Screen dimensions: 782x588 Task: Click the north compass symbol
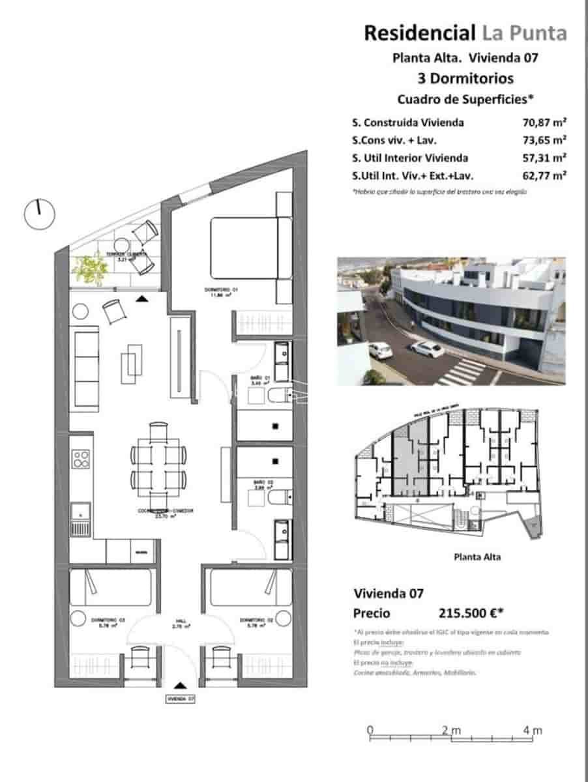39,213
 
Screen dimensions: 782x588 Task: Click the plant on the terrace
90,268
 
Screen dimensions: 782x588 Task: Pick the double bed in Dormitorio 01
251,248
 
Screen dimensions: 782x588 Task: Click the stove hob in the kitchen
81,459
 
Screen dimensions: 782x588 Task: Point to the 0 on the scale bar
370,731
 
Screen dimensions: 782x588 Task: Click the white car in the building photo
427,349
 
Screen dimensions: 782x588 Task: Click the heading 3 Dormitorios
465,79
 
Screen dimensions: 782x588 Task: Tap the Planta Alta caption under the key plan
476,557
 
